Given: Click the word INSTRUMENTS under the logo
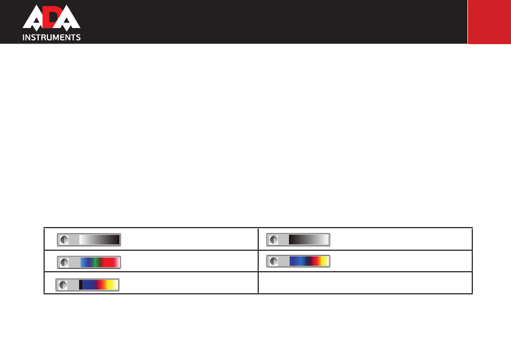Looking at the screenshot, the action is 52,38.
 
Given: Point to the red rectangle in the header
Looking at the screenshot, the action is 489,22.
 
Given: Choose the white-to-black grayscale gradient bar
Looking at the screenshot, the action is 100,239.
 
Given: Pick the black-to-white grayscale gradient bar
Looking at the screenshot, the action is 309,239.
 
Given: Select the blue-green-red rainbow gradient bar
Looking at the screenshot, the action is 100,262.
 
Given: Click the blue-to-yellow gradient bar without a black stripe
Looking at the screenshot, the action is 309,261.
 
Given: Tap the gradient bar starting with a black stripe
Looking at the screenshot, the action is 98,285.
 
